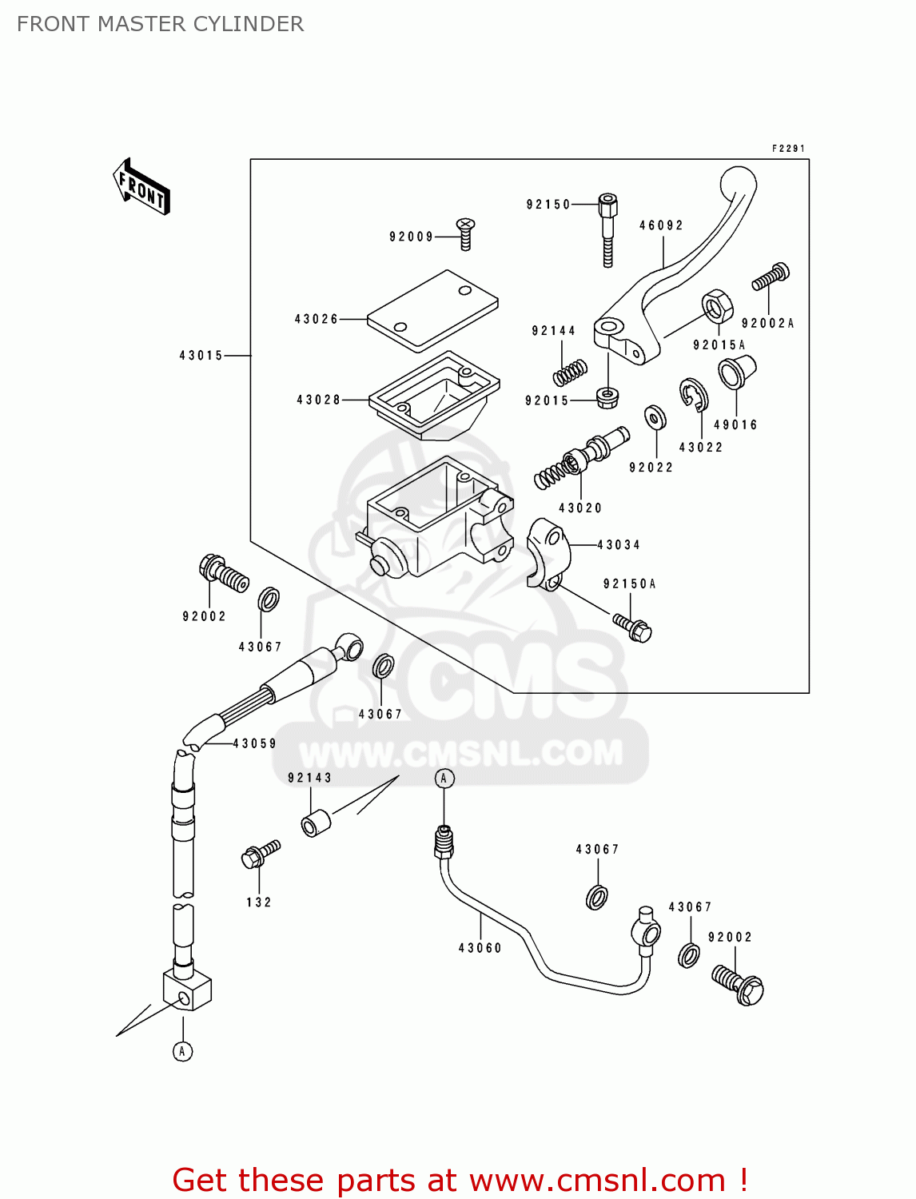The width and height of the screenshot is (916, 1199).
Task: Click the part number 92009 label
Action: (411, 237)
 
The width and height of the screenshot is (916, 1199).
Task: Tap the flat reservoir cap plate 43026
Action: (432, 311)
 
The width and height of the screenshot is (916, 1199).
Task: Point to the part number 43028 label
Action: (318, 400)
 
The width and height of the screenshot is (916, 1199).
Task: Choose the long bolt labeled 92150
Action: (607, 228)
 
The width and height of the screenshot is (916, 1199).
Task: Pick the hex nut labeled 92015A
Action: (717, 306)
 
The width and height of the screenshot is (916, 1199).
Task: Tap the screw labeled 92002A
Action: (771, 277)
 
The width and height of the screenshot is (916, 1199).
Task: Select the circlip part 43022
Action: (693, 394)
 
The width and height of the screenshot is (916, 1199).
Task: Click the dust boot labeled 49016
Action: (735, 372)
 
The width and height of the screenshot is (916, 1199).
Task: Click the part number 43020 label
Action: (579, 508)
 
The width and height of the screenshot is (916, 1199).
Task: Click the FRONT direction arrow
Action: (141, 187)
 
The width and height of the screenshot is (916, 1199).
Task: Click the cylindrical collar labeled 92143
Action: (315, 823)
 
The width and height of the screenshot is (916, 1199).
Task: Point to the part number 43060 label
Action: (480, 948)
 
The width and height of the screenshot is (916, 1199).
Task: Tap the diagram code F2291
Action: (788, 149)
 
